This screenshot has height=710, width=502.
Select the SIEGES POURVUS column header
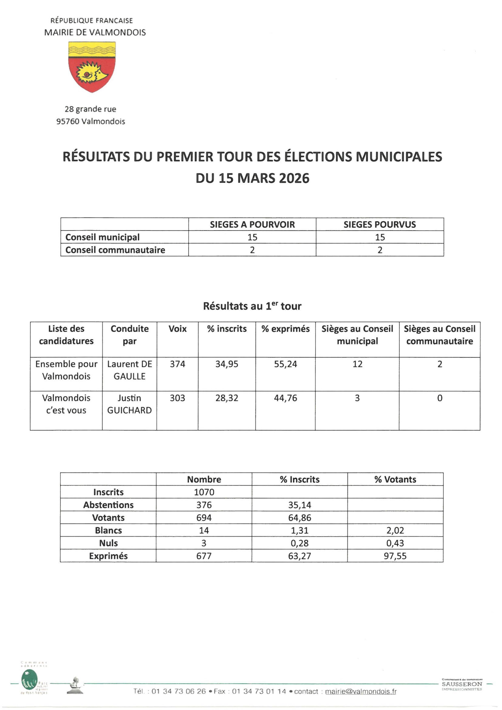(x=380, y=225)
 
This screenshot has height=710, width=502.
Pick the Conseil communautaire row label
(x=115, y=250)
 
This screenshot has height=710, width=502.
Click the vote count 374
(x=177, y=364)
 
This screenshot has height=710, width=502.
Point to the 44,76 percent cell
(x=285, y=398)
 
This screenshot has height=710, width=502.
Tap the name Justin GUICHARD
(x=130, y=404)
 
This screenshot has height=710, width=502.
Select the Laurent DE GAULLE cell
(x=130, y=370)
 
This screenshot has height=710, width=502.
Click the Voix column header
(x=177, y=329)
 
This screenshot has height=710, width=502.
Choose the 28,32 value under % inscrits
(x=227, y=398)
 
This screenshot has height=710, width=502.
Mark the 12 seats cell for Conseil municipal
(x=357, y=364)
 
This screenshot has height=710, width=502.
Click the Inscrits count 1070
(x=204, y=492)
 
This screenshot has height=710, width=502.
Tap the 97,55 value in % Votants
(x=395, y=556)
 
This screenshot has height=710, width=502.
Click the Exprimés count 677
(x=204, y=556)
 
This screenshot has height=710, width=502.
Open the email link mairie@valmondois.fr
(x=360, y=691)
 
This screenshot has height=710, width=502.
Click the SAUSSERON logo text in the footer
(x=462, y=684)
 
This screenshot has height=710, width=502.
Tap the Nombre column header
(x=204, y=479)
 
